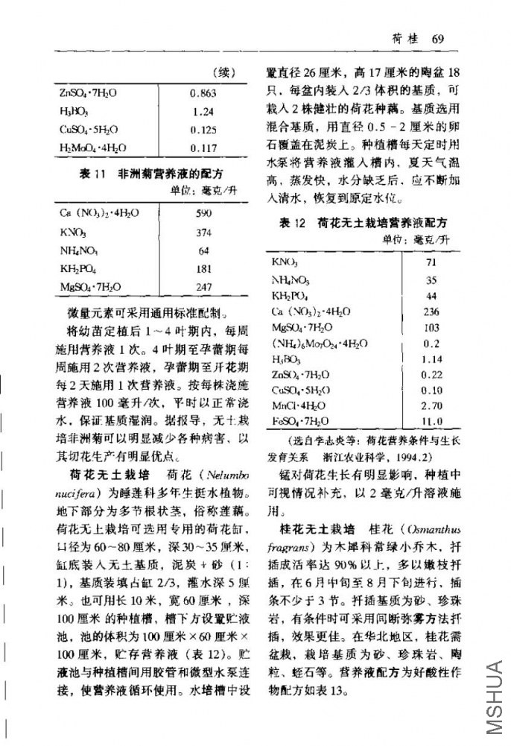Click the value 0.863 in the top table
pos(203,93)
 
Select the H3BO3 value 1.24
pos(203,112)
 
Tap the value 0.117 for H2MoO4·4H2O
pos(203,148)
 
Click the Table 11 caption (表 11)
pos(90,174)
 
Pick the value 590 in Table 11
pos(203,213)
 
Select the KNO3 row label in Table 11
pos(73,232)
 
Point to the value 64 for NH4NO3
pos(203,250)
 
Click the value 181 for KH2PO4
pos(203,268)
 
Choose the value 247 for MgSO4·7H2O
pos(203,286)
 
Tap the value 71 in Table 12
pos(431,262)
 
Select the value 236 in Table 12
pos(431,312)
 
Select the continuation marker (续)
pos(224,73)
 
